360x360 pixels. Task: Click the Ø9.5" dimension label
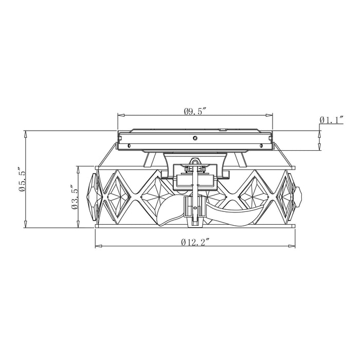click(x=195, y=112)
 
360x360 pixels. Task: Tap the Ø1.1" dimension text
click(x=332, y=120)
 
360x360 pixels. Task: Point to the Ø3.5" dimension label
click(x=75, y=197)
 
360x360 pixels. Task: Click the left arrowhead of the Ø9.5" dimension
click(x=121, y=115)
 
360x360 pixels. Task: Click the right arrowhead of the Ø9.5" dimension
click(x=269, y=115)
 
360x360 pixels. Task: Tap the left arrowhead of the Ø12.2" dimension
click(x=99, y=246)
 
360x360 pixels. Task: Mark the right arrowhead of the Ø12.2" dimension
click(x=292, y=246)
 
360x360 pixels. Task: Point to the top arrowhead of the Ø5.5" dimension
click(x=26, y=134)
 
